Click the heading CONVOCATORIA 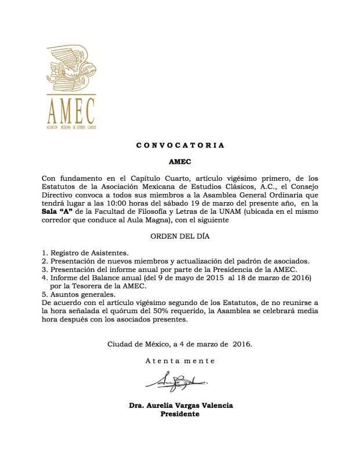pyautogui.click(x=179, y=145)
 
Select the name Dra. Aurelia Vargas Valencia pyautogui.click(x=181, y=405)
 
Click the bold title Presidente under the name pyautogui.click(x=180, y=414)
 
